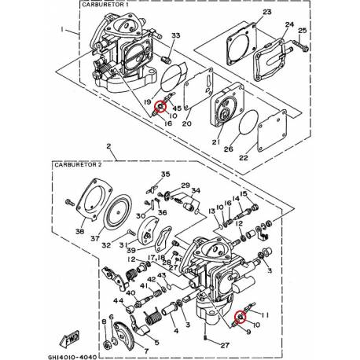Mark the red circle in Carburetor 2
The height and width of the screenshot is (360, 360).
coord(241,318)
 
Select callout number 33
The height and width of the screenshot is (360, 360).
coord(175,36)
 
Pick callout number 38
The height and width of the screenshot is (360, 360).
coord(79,233)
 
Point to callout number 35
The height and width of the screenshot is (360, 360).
coord(165,174)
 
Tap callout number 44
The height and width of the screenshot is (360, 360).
coord(117,301)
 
